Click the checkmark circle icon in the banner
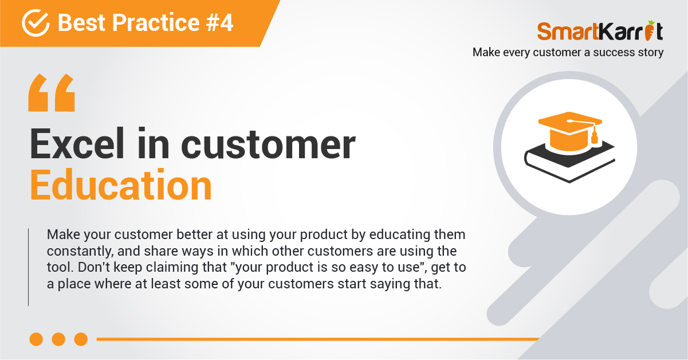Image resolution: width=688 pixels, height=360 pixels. [36, 23]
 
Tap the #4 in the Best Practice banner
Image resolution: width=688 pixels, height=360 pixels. [219, 22]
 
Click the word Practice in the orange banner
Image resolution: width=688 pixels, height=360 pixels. [156, 22]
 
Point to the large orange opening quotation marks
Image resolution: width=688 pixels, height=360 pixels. [52, 92]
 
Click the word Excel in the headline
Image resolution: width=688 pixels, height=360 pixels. [77, 144]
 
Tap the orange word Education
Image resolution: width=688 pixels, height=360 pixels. [121, 185]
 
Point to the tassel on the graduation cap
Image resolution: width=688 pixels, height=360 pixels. [595, 136]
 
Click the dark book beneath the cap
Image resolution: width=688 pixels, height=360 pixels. [569, 163]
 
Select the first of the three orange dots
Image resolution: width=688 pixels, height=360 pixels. [36, 339]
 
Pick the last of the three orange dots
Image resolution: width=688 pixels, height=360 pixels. [81, 339]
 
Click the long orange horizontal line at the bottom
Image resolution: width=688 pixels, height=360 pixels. [318, 339]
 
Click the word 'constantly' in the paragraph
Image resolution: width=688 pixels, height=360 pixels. [80, 252]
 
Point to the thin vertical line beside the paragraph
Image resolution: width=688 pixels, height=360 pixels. [28, 267]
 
